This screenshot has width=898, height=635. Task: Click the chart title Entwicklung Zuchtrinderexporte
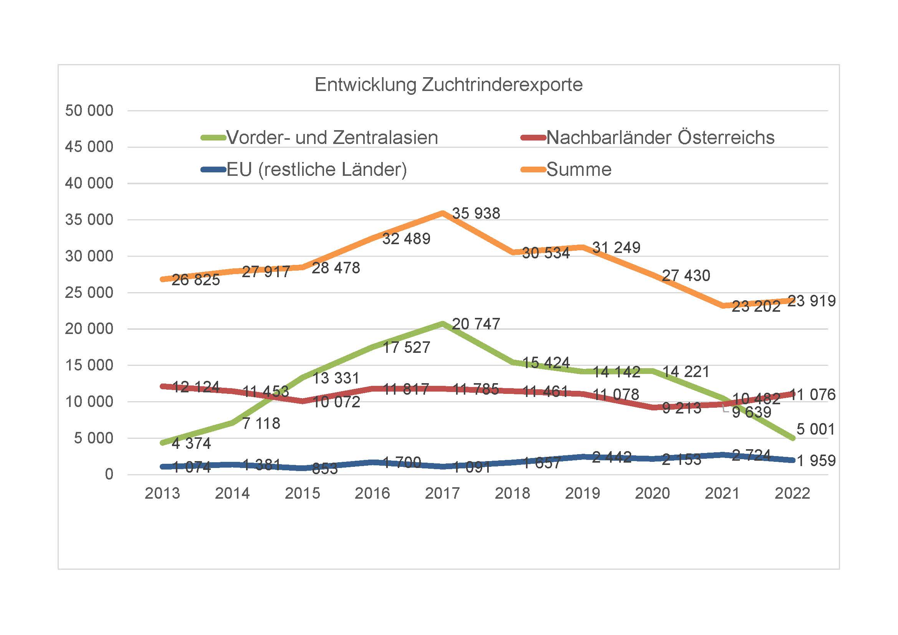coord(448,85)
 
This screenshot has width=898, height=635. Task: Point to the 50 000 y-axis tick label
coord(89,111)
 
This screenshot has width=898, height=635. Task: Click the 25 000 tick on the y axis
coord(89,293)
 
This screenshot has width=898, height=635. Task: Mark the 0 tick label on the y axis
coord(109,474)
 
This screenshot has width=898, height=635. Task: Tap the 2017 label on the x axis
coord(442,493)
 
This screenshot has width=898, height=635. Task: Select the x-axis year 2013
coord(162,493)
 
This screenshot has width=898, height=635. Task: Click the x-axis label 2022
coord(792,493)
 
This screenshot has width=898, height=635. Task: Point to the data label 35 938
coord(476,213)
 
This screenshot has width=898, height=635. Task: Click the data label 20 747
coord(476,324)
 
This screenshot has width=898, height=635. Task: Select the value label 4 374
coord(191,443)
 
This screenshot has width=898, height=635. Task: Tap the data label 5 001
coord(815,429)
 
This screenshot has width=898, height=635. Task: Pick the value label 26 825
coord(195,280)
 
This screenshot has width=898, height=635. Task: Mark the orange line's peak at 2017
coord(443,213)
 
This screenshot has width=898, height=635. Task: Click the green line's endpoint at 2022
coord(793,438)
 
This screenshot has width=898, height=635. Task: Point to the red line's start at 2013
coord(162,386)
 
